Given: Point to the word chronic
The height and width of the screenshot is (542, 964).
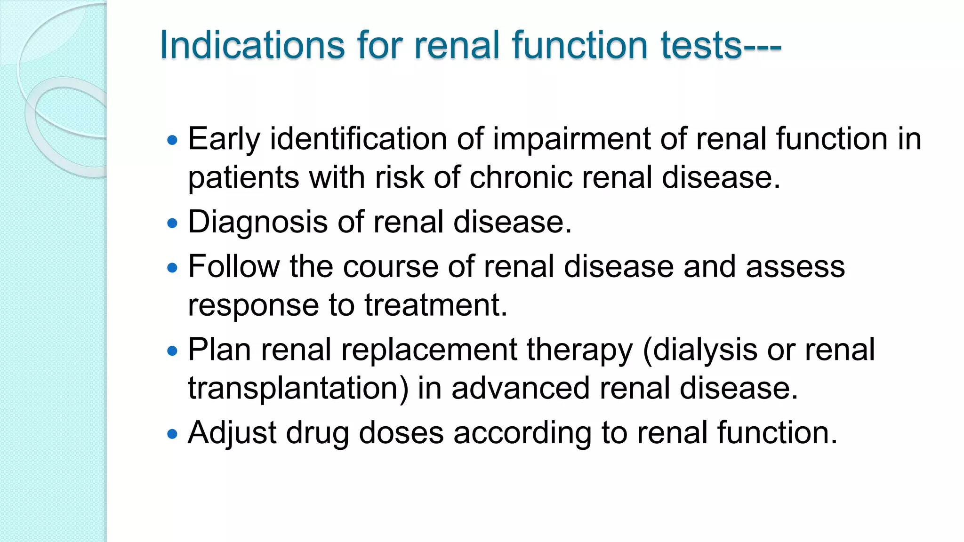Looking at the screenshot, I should coord(521,178).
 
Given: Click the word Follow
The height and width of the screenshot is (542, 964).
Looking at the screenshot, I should coord(234,267).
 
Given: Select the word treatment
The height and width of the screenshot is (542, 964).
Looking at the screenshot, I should coord(435,305).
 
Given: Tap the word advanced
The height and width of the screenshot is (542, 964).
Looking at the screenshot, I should coord(520,389).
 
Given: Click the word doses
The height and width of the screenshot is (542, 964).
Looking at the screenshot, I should coord(401,433).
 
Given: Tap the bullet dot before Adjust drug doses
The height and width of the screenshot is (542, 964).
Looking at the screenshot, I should coord(173,433).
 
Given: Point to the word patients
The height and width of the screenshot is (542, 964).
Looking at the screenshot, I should coord(244,178).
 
